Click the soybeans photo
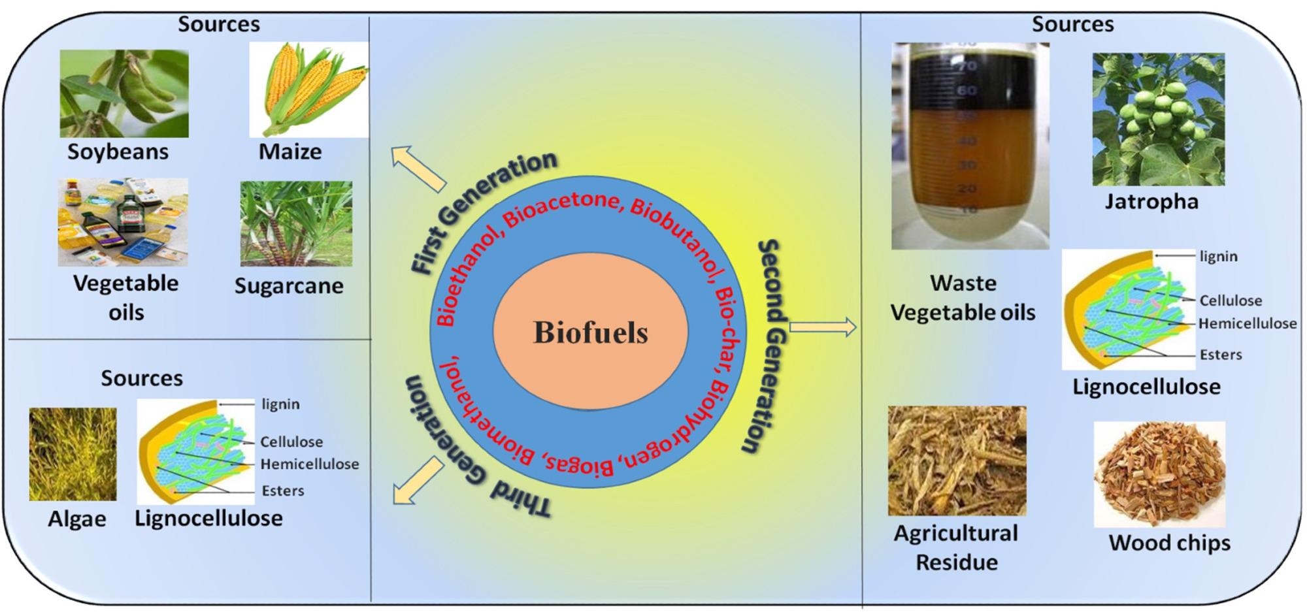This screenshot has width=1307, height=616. (124, 93)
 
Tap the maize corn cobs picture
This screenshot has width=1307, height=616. (309, 89)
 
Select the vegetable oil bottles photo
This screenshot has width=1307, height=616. (123, 222)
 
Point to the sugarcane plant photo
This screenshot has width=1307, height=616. (296, 223)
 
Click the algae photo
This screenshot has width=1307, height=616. (73, 454)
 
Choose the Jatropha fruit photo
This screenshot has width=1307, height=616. (1159, 120)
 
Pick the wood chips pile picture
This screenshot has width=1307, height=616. (1159, 474)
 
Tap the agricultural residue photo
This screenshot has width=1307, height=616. (957, 461)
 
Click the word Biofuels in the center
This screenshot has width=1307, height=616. (591, 332)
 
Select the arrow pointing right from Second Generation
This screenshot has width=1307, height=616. (823, 327)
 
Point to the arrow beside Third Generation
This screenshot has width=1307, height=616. (418, 481)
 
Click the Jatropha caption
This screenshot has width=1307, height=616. (1151, 201)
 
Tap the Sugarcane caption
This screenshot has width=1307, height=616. (289, 286)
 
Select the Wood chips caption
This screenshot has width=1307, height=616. (1169, 543)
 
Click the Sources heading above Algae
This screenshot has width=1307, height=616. (142, 378)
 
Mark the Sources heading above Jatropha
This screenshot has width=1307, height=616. (1072, 24)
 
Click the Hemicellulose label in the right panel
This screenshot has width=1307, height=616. (1248, 323)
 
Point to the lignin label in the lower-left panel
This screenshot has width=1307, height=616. (280, 404)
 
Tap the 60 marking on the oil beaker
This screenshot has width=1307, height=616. (967, 89)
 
